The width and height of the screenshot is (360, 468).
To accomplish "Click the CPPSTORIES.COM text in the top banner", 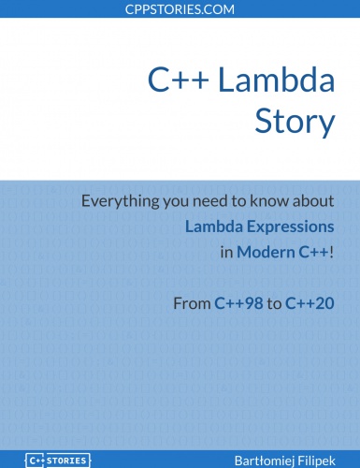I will tap(180, 8).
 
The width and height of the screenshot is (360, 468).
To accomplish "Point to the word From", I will tap(192, 303).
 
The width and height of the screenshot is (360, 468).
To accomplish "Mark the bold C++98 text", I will tap(239, 303).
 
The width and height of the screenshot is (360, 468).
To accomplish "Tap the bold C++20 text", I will tap(310, 303).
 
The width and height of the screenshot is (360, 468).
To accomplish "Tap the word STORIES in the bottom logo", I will tap(68, 460).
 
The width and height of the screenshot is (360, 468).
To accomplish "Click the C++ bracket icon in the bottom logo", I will tap(36, 460).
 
